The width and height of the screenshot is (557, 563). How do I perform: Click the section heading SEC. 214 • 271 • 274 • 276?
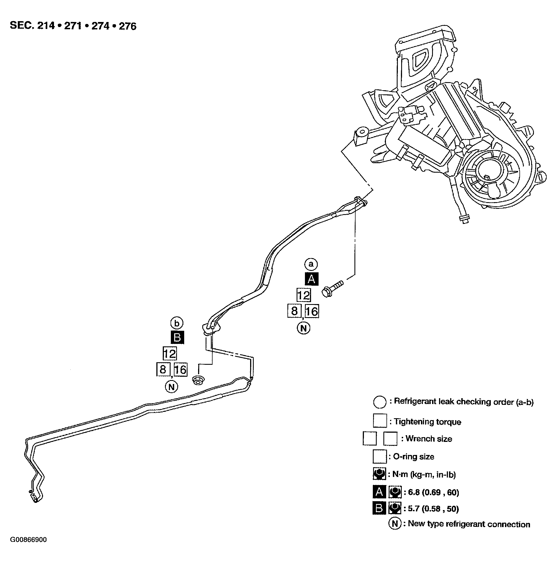[x=73, y=26]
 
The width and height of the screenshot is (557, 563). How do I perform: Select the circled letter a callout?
[x=311, y=264]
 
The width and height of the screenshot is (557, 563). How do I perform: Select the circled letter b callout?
[x=177, y=323]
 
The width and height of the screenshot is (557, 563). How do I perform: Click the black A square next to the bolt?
[x=311, y=279]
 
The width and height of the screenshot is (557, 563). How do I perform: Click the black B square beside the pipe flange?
[x=177, y=337]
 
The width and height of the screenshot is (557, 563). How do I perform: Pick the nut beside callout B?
[x=198, y=380]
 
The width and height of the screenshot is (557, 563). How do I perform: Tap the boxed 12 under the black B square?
[x=169, y=354]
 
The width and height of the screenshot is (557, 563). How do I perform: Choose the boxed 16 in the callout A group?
[x=312, y=311]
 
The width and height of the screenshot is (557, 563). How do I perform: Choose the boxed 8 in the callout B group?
[x=163, y=369]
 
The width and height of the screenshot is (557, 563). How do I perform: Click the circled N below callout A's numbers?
[x=303, y=329]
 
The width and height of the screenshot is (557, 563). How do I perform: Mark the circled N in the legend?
[x=395, y=523]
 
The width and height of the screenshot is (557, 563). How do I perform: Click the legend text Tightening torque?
[x=427, y=422]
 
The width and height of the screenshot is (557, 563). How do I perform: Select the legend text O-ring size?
[x=413, y=456]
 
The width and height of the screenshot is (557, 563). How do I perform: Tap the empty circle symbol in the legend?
[x=380, y=402]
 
